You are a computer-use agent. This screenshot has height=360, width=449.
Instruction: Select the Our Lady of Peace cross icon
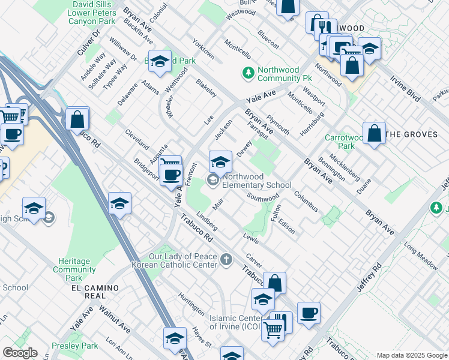coord(226,260)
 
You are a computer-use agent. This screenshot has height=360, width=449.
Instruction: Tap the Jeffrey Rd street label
coord(369,276)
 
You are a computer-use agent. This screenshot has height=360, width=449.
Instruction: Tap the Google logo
coord(20,353)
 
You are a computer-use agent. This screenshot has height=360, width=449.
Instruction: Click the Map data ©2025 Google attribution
coord(412,355)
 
